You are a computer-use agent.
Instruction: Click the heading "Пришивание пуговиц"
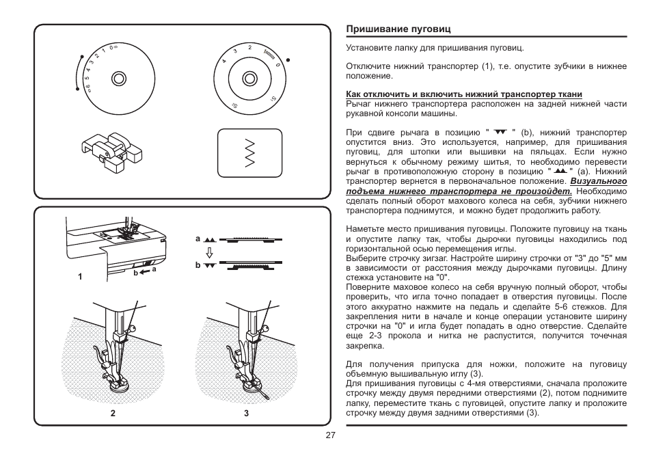coord(389,30)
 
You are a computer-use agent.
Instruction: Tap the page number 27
coord(330,435)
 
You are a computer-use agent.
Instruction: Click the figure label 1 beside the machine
coord(80,277)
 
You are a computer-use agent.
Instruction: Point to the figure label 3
coord(246,413)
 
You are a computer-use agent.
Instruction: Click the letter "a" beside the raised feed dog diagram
coord(198,239)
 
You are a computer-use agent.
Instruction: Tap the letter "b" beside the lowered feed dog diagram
coord(198,265)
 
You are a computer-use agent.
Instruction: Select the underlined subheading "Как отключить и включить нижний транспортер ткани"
coord(464,94)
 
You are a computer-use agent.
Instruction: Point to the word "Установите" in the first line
coord(368,49)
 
